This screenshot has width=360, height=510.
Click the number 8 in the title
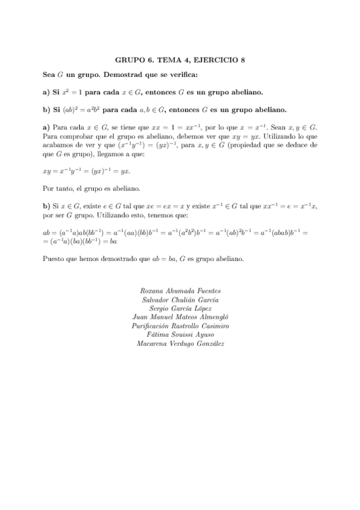243,60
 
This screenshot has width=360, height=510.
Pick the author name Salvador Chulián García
180,300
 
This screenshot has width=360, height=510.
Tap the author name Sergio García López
180,309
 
